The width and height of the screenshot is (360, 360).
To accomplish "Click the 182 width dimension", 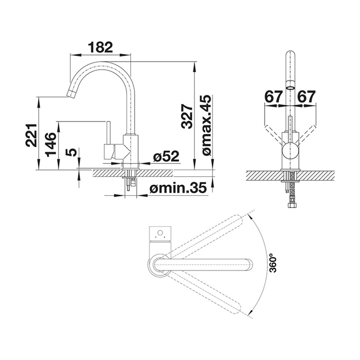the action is coord(100,47).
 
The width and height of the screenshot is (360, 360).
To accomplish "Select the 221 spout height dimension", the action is coord(31,135).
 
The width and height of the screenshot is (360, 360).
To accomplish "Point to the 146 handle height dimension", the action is coord(50,144).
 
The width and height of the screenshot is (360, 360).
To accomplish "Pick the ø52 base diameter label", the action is coord(166,157).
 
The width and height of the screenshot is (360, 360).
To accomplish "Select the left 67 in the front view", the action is coord(273,97).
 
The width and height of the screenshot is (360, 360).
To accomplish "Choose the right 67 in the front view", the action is coord(306,97).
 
